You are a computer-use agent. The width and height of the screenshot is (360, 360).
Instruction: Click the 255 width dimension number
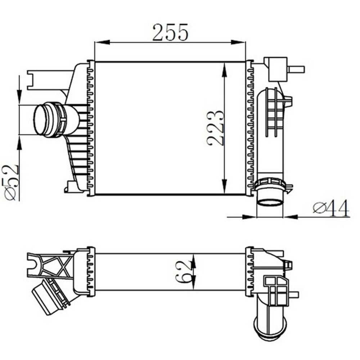(x=170, y=32)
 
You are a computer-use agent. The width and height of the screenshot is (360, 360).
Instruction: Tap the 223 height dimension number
(x=215, y=128)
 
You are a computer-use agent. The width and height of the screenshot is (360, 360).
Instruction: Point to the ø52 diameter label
(x=11, y=182)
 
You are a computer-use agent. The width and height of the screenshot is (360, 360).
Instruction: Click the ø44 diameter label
(x=331, y=208)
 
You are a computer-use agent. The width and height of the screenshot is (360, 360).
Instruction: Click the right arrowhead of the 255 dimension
(x=238, y=42)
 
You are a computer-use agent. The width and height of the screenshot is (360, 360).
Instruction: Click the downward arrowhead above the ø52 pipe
(x=19, y=97)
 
